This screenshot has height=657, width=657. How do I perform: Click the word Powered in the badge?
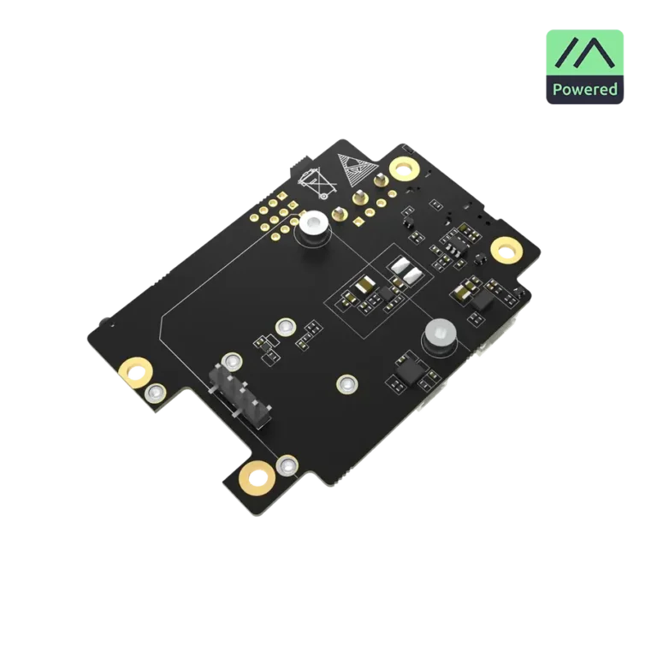(x=584, y=90)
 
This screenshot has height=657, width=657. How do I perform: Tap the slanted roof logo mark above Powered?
(x=584, y=52)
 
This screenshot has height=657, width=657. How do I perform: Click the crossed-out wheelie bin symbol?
(x=317, y=184)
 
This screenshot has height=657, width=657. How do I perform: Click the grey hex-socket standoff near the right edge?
(x=440, y=335)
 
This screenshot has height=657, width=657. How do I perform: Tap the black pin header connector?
(x=240, y=395)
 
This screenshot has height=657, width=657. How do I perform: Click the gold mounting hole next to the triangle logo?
(x=404, y=169)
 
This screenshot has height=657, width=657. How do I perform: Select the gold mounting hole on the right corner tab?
(x=506, y=251)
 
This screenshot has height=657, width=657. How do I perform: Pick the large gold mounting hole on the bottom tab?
(x=257, y=478)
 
